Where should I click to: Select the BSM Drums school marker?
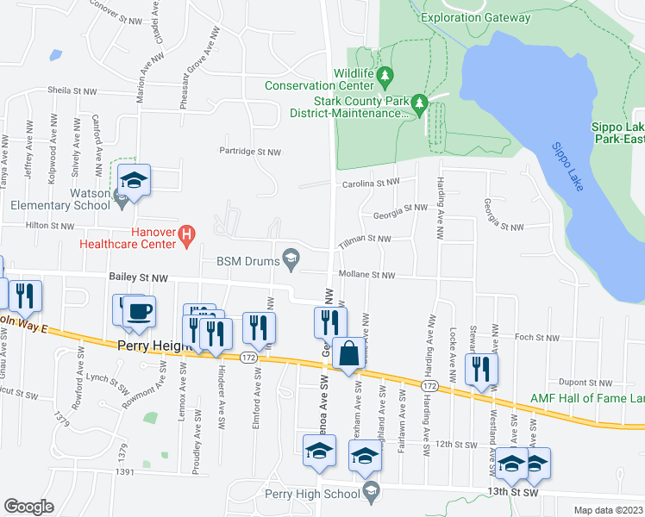291,258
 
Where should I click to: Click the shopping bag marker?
349,353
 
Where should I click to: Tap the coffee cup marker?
138,311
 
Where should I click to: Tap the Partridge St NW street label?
250,152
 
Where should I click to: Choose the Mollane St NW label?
366,275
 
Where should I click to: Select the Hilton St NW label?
50,226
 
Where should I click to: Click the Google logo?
28,507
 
